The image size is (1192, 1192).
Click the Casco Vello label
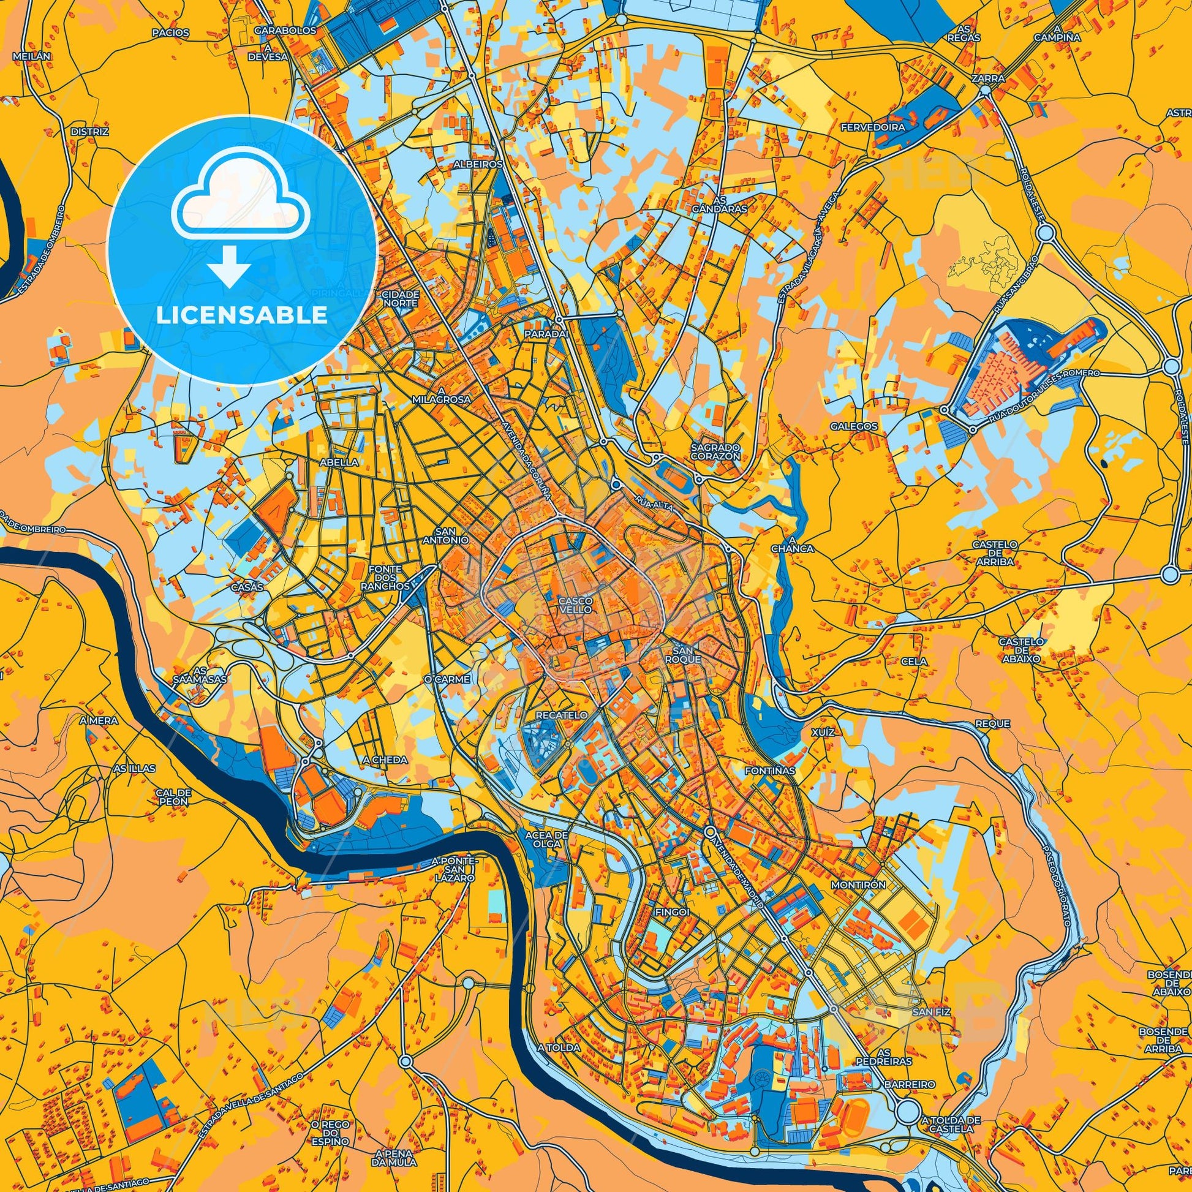pos(575,604)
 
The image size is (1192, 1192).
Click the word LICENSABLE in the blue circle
pos(242,315)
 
